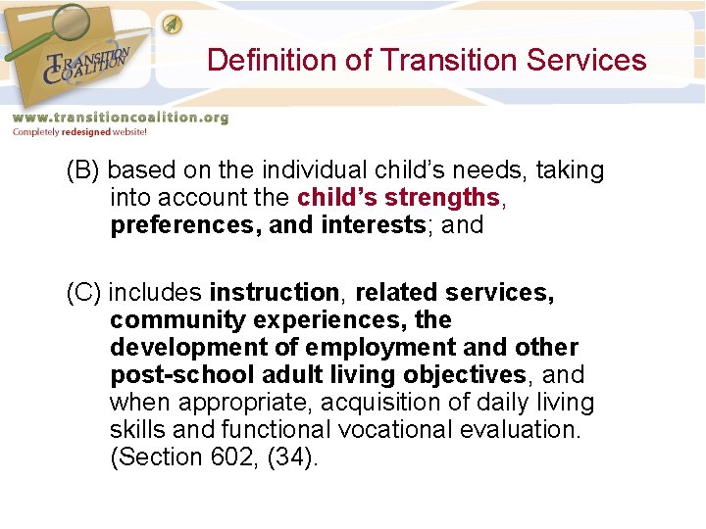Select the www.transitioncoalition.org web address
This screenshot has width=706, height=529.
pos(120,118)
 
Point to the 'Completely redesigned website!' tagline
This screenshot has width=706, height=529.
pos(78,132)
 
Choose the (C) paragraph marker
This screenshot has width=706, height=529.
pos(83,293)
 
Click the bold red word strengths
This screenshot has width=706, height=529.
pos(443,198)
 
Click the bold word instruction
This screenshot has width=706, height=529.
pos(275,293)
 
